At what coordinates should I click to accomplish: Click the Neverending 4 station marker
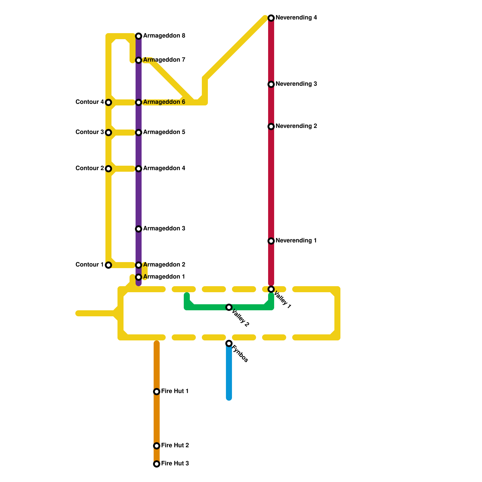271,18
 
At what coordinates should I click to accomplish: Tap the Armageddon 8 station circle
139,36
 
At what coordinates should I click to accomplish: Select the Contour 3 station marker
108,133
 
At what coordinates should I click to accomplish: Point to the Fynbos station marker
229,343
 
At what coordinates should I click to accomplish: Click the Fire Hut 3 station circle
157,464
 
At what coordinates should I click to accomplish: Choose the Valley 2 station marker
229,307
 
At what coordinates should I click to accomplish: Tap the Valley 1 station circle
271,289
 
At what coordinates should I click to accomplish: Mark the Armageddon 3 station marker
139,229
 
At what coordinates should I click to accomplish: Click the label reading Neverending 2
296,126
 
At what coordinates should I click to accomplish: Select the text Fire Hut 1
175,391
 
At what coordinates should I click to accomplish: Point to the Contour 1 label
89,265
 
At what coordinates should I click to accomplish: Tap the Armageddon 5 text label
164,132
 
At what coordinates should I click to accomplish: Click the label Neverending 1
296,241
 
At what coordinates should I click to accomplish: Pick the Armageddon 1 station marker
139,277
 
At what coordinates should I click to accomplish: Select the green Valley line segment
208,307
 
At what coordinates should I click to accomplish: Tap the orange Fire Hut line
157,419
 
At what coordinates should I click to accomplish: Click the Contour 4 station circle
108,102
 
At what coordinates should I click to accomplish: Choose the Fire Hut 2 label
175,446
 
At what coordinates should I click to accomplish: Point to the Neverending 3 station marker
271,84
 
